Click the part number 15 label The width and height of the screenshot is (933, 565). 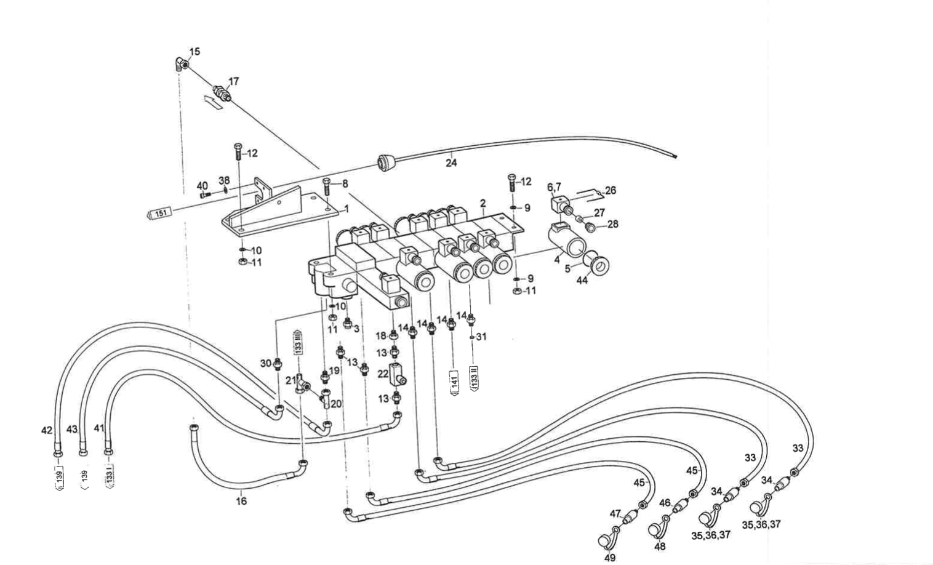(x=194, y=52)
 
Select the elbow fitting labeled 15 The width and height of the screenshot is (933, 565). (x=178, y=64)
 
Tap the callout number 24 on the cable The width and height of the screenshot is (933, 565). (x=452, y=163)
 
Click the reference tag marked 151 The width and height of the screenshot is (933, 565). (x=159, y=213)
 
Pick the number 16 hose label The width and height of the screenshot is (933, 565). (x=241, y=501)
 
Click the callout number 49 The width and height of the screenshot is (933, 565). (x=609, y=558)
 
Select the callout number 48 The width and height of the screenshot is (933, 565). (x=660, y=546)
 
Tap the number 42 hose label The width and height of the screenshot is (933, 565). (x=47, y=430)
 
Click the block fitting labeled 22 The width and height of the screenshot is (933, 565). (x=398, y=374)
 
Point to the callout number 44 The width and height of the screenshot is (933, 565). (x=582, y=280)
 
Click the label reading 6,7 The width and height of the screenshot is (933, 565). (x=554, y=186)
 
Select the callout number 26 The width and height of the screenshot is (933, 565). (x=610, y=191)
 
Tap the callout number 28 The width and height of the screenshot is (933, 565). (x=612, y=225)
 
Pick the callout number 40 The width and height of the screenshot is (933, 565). (x=202, y=186)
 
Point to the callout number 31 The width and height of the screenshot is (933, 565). (x=481, y=337)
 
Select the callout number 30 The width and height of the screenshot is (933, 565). (x=265, y=363)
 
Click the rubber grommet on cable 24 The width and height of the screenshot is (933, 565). (x=385, y=163)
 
